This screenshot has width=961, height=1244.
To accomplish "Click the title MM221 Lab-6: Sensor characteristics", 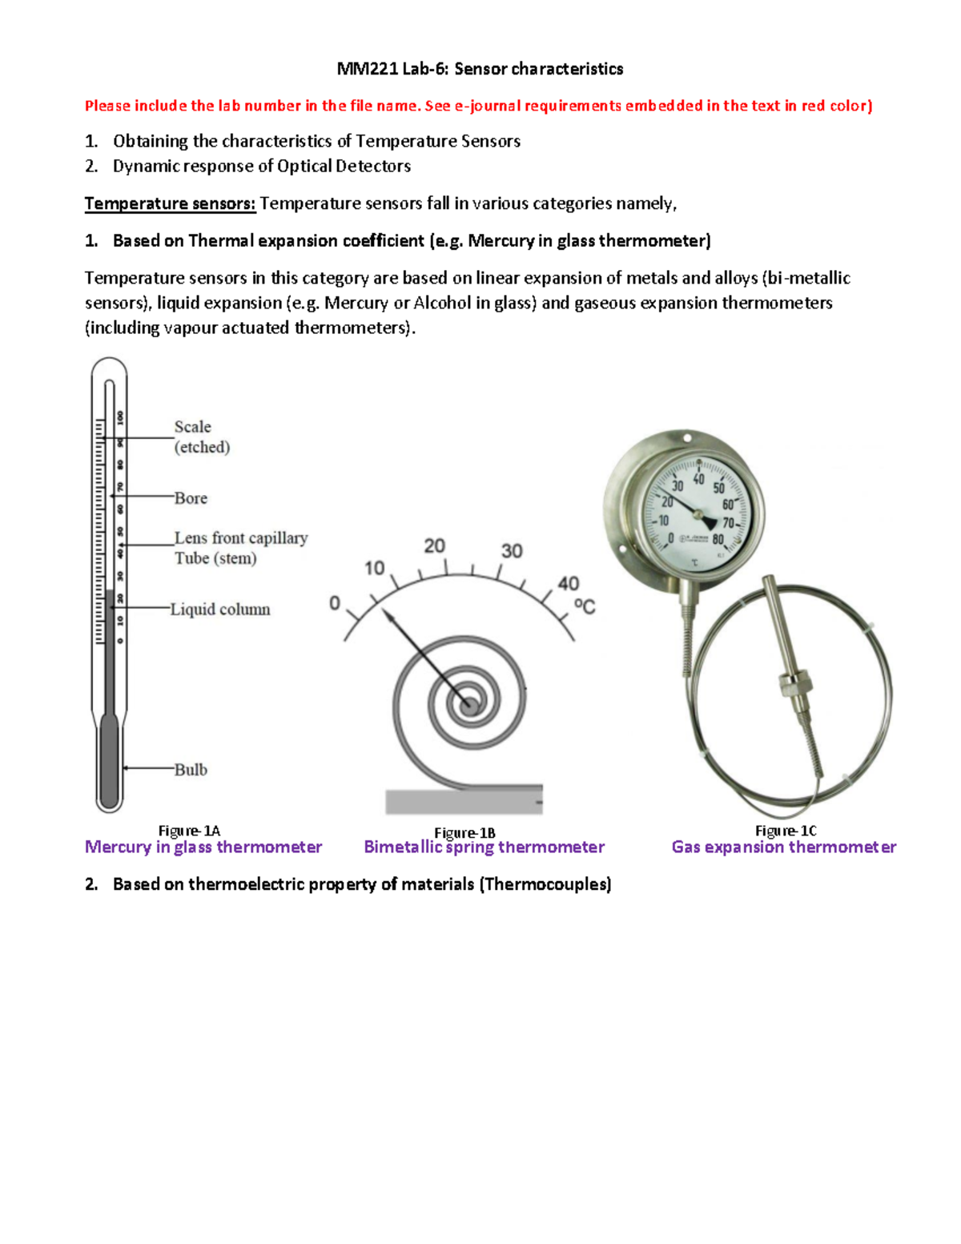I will [480, 69].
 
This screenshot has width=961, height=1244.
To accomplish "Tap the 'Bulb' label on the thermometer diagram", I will [191, 770].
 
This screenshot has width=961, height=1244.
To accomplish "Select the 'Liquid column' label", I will [220, 610].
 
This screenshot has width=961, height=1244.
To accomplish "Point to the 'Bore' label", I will [191, 498].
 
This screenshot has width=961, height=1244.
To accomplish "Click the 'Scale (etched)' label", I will [202, 437].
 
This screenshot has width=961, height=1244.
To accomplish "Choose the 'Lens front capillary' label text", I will [241, 538].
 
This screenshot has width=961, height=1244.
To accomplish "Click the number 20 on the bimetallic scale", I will [434, 546].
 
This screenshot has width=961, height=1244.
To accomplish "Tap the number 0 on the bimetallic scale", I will [335, 603].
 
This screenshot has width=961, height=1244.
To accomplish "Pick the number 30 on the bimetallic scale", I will [512, 551].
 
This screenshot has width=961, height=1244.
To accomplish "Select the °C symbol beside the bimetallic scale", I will [585, 606].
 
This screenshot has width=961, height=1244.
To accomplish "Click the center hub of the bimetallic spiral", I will [468, 705].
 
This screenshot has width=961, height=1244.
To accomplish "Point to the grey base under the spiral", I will [464, 801].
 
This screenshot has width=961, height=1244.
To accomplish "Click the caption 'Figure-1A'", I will [189, 831].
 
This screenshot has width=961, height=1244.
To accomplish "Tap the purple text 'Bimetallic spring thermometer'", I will [484, 847].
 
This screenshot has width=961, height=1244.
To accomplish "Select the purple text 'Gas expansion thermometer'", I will [783, 847].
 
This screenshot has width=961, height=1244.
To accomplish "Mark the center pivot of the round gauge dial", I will [698, 513].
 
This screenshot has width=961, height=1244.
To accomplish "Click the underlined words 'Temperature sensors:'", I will [170, 203].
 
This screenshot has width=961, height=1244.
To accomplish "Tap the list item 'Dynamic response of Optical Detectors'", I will [262, 166].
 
